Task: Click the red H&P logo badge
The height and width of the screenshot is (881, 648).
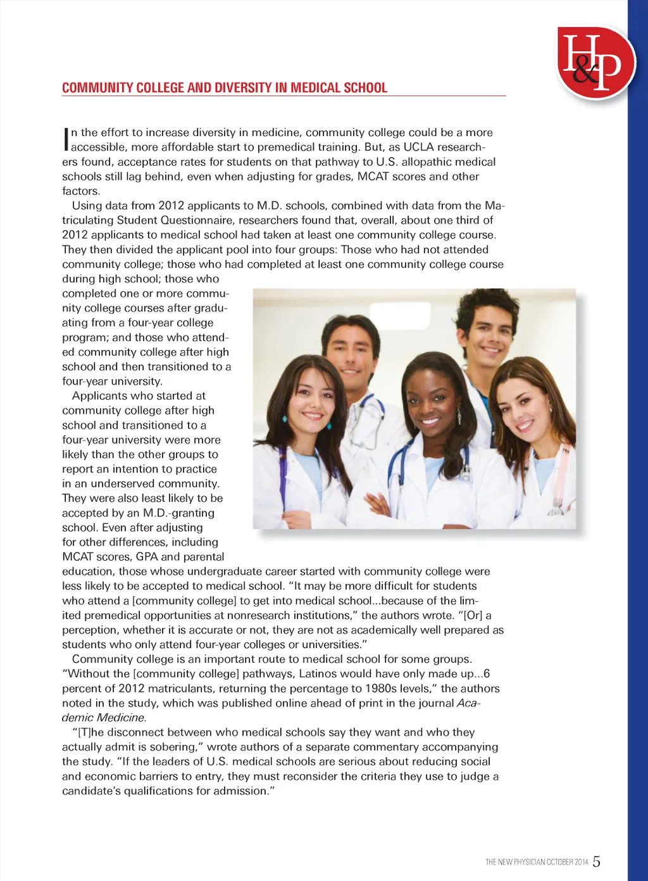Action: click(x=595, y=62)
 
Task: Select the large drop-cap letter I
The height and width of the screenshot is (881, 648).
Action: click(x=65, y=140)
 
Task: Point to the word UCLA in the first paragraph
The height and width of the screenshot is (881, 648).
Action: click(x=418, y=147)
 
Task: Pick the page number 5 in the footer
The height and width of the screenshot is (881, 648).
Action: click(x=597, y=861)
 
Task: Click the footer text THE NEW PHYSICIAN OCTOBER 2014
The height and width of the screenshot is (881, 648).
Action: click(x=537, y=862)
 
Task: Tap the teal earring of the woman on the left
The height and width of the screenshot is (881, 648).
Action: click(x=284, y=418)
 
